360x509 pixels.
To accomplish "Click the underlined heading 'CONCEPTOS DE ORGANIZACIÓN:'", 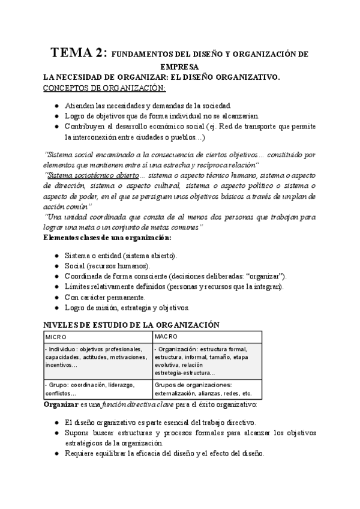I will pos(103,88).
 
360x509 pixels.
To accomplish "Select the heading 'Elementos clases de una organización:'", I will pos(108,238).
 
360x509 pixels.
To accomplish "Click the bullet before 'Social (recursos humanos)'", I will pos(56,265).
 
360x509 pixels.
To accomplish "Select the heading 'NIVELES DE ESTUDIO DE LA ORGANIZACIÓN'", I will pos(133,325).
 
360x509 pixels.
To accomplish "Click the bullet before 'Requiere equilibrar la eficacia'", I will pos(56,454).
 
